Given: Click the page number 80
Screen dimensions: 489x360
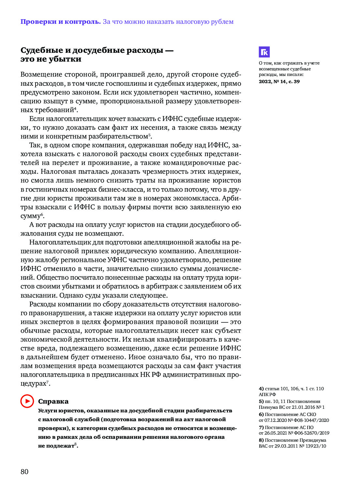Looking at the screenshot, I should pyautogui.click(x=24, y=471).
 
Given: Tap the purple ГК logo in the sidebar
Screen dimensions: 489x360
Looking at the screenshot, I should pyautogui.click(x=264, y=52).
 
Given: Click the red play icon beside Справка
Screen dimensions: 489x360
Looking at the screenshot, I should pyautogui.click(x=27, y=401).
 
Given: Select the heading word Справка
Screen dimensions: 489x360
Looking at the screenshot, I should pyautogui.click(x=53, y=401).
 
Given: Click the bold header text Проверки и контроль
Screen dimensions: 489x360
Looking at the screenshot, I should pyautogui.click(x=61, y=22).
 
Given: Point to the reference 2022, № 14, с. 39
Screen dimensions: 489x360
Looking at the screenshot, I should pyautogui.click(x=279, y=81).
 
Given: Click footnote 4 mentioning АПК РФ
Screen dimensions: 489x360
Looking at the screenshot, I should pyautogui.click(x=291, y=391).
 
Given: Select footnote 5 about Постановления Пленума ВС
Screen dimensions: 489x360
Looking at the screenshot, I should pyautogui.click(x=291, y=404).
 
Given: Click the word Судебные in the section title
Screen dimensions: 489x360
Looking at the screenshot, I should pyautogui.click(x=42, y=50).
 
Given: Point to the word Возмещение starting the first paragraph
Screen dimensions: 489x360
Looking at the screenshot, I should pyautogui.click(x=41, y=75).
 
